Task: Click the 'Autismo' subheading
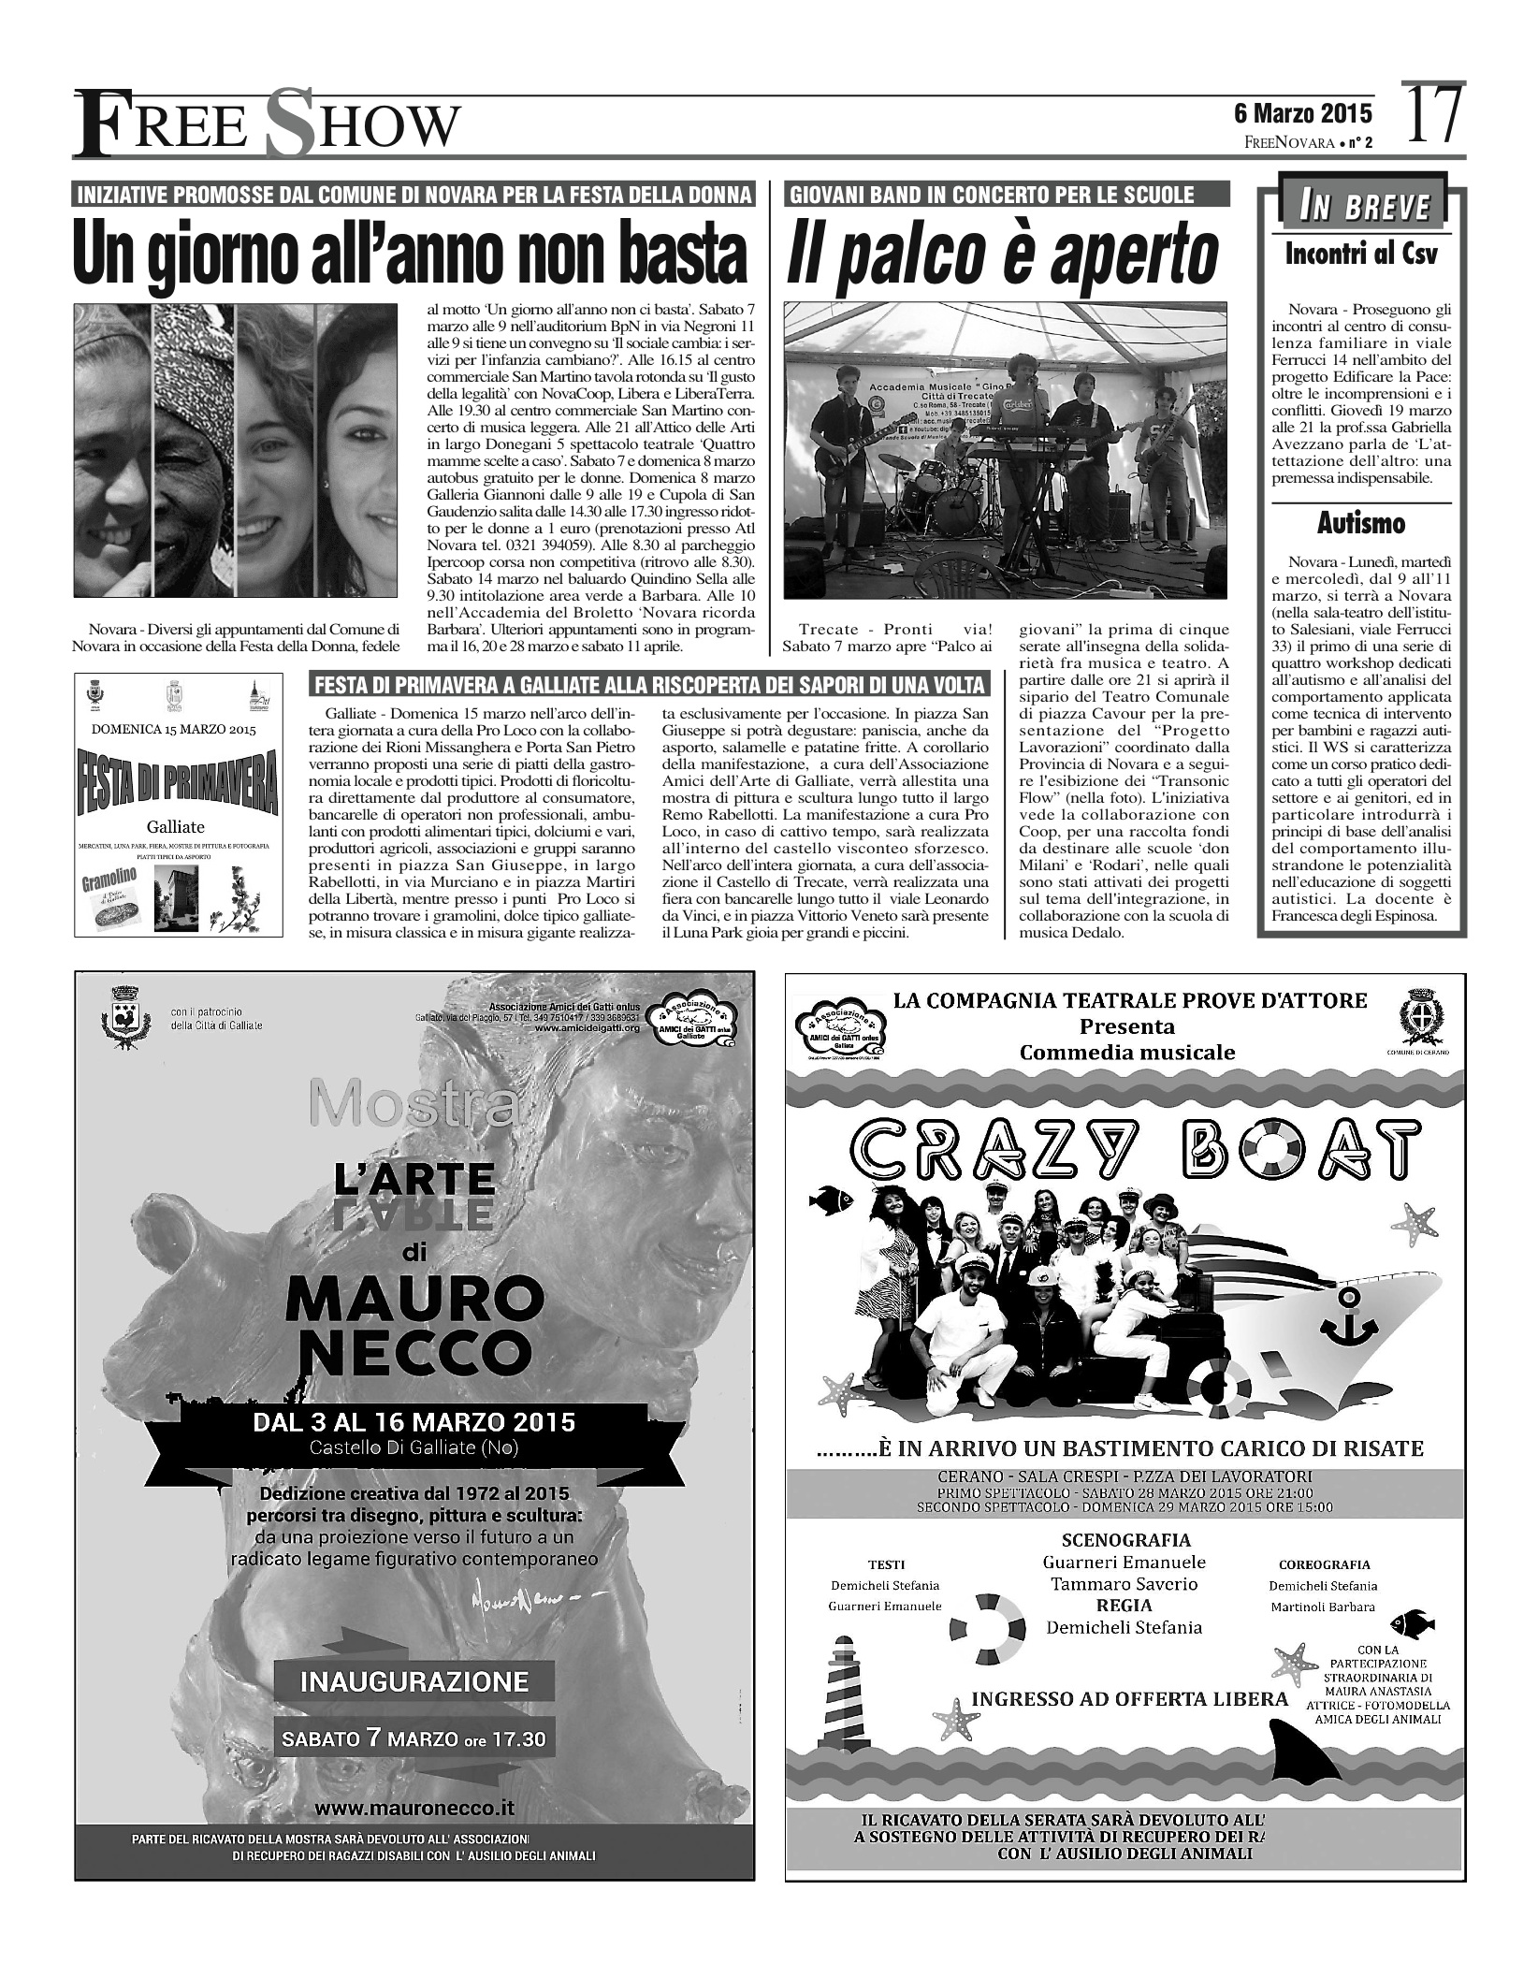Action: click(1361, 524)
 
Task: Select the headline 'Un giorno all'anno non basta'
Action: click(412, 254)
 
